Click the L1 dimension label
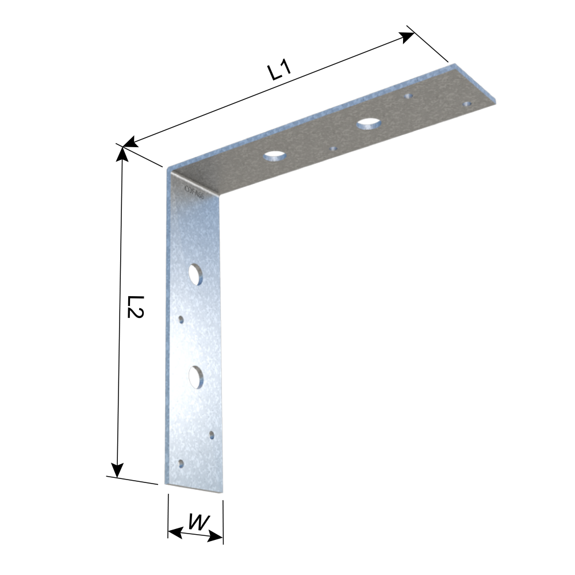pyautogui.click(x=280, y=70)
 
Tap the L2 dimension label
pyautogui.click(x=135, y=308)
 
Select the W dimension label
pyautogui.click(x=197, y=523)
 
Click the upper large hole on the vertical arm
pyautogui.click(x=195, y=274)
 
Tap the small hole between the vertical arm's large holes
pyautogui.click(x=182, y=319)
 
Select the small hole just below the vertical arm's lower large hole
pyautogui.click(x=212, y=434)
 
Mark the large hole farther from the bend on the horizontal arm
pyautogui.click(x=369, y=122)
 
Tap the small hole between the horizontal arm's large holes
pyautogui.click(x=333, y=149)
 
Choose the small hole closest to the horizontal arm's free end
pyautogui.click(x=467, y=104)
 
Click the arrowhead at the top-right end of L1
pyautogui.click(x=408, y=37)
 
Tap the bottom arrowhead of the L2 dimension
pyautogui.click(x=117, y=470)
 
